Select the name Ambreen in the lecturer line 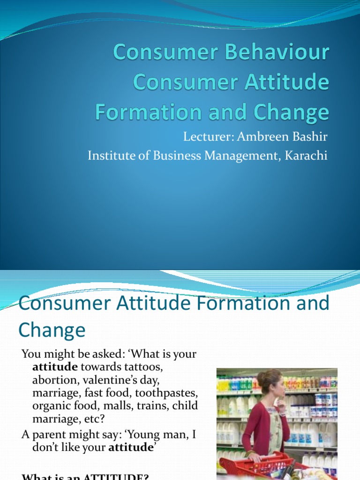[x=256, y=138]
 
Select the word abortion [x=52, y=380]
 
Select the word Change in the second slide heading [x=52, y=330]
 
